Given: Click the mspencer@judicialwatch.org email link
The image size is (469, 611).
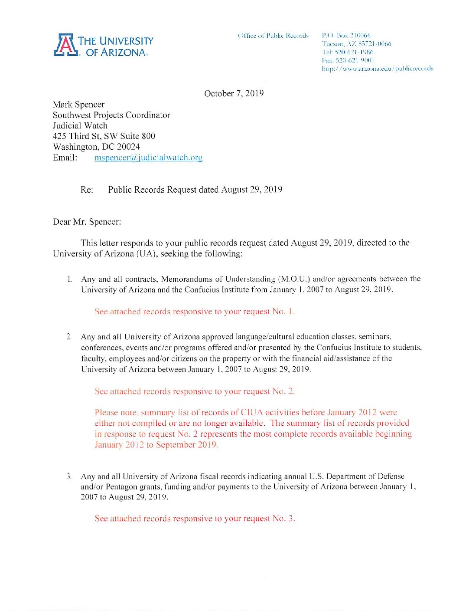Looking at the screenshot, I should pos(148,158).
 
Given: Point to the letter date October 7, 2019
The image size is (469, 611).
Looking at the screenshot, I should pos(234,93).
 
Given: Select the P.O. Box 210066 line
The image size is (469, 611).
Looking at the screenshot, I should pos(346,35).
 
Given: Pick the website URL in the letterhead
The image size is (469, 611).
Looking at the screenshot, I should pos(377,69).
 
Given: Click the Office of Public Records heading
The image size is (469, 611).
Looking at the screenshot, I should pos(273,36).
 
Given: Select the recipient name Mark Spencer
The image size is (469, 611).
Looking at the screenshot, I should pos(78,105).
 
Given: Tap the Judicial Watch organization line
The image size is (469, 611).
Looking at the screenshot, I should pos(80,126).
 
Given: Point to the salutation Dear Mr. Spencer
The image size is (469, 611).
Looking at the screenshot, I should pos(87,222).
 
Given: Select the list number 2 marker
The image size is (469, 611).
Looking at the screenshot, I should pos(69,337).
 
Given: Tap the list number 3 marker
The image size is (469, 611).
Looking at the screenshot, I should pos(69,476).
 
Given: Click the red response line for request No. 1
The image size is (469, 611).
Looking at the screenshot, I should pos(194,312).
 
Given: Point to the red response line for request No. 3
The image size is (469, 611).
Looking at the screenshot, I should pos(195,519).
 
